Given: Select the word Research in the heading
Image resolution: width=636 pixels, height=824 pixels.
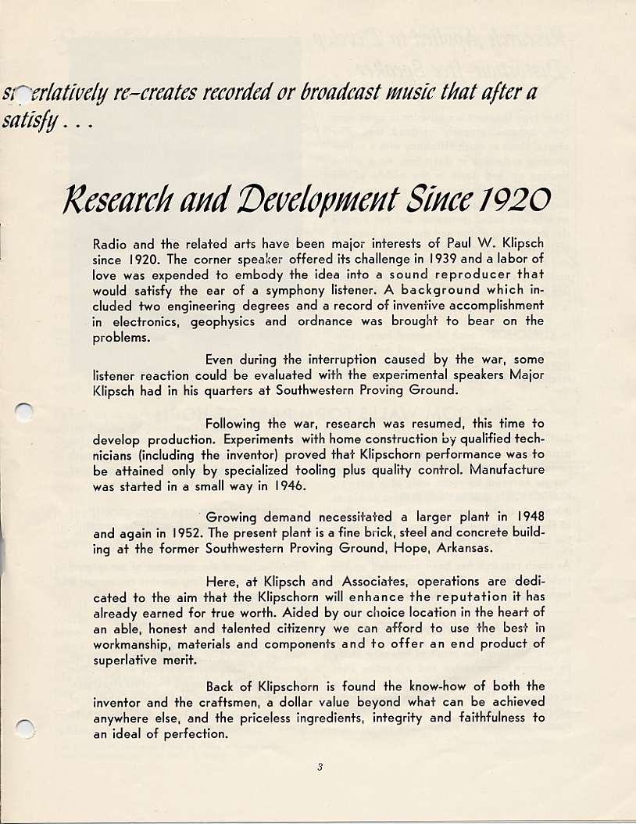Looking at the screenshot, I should click(x=126, y=202).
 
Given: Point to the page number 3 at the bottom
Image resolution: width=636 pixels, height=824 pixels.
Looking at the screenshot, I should click(x=320, y=767).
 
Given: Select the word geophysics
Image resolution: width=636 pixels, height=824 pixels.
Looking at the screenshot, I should click(x=224, y=321).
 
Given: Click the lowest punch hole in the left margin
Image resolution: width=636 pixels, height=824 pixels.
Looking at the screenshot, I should click(x=26, y=729).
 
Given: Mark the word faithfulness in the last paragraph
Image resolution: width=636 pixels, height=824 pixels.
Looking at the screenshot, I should click(x=486, y=718).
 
